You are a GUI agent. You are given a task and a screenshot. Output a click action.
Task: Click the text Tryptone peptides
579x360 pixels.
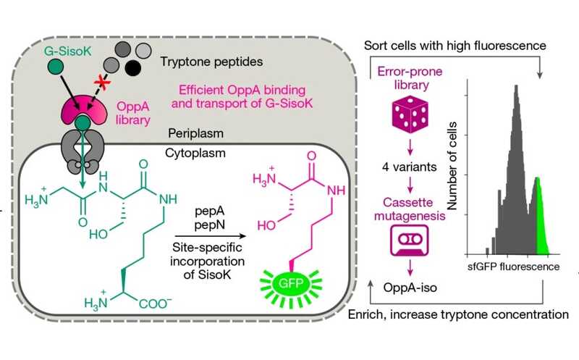(197, 63)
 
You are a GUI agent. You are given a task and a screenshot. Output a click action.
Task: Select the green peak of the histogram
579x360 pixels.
(539, 217)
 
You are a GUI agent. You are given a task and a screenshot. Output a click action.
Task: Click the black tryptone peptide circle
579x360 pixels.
(132, 69)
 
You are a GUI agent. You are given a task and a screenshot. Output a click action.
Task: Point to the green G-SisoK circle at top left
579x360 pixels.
(53, 68)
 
